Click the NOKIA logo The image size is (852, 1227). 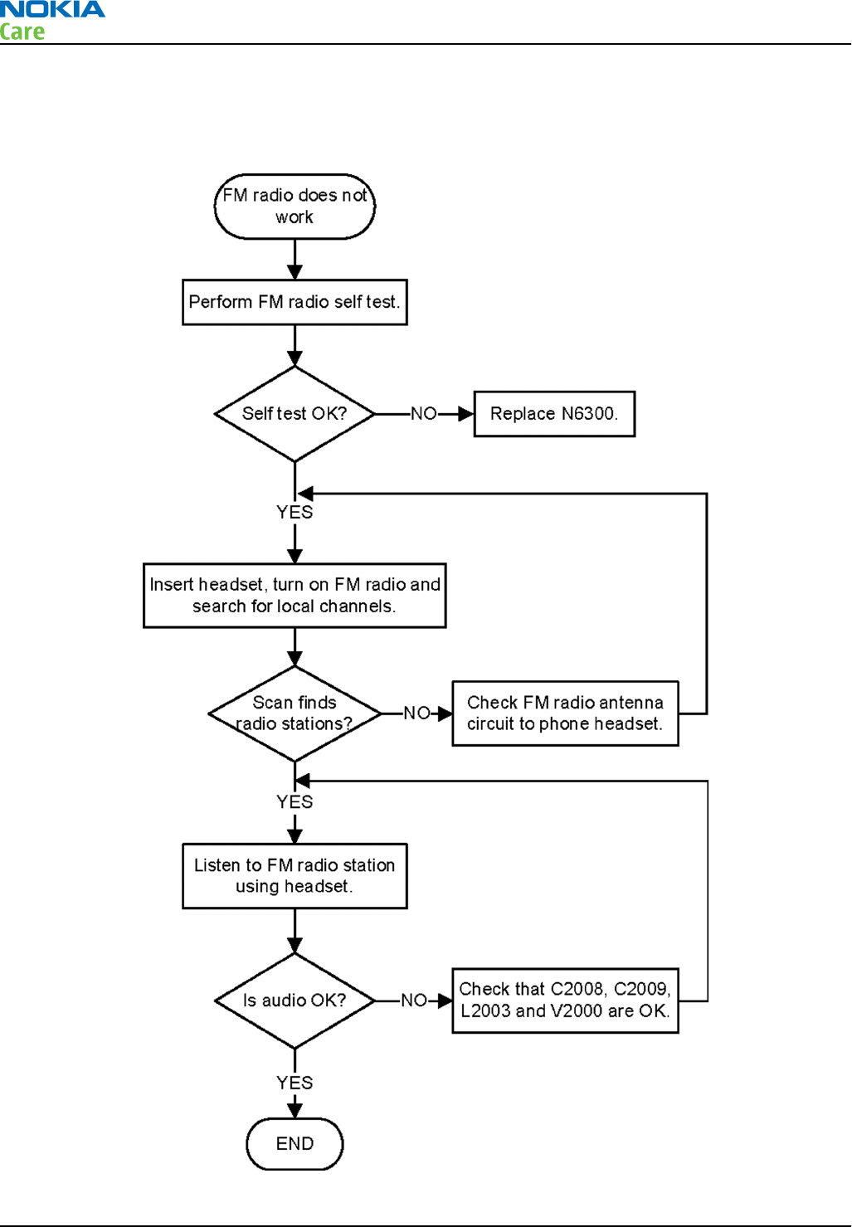pyautogui.click(x=52, y=9)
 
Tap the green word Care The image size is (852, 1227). pyautogui.click(x=22, y=32)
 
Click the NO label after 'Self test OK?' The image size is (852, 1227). pyautogui.click(x=424, y=414)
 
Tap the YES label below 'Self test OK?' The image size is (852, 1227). pyautogui.click(x=295, y=512)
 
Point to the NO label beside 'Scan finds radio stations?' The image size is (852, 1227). pyautogui.click(x=416, y=713)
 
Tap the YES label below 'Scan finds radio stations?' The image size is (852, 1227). pyautogui.click(x=295, y=802)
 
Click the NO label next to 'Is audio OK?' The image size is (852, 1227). pyautogui.click(x=414, y=1001)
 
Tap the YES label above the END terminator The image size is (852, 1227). pyautogui.click(x=295, y=1083)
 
